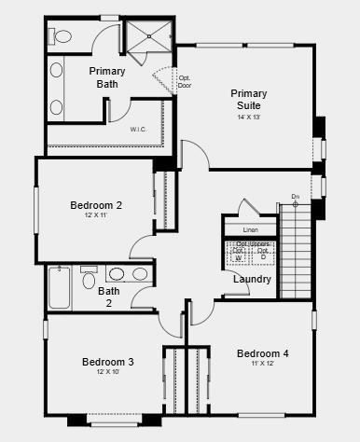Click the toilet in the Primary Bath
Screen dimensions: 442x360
62,37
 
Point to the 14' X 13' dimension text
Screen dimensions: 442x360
249,117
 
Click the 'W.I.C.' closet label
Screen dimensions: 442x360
139,130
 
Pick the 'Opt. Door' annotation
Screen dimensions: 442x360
185,81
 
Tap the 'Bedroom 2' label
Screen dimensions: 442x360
96,205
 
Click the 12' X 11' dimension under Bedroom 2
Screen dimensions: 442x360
96,216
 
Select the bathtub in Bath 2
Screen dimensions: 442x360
60,288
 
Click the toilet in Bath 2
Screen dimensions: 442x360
90,277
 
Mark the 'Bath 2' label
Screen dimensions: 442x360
109,297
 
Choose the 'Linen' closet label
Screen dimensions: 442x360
250,229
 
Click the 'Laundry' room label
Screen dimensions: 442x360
252,279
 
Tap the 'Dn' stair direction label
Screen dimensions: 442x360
295,197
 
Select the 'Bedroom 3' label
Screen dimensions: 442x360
107,362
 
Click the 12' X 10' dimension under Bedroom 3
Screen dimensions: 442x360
107,372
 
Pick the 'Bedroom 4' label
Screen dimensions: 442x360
262,353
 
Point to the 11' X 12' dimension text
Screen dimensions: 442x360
262,364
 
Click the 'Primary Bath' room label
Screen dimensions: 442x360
108,77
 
